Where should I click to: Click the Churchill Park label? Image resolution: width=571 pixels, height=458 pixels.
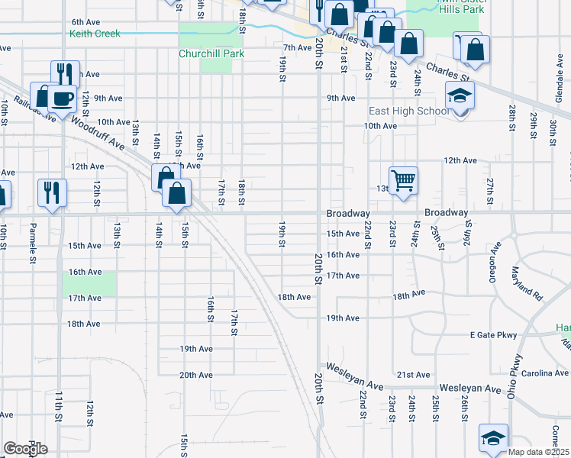205,54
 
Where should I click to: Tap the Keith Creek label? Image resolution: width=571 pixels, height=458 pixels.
95,34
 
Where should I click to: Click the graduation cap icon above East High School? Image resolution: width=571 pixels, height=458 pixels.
459,96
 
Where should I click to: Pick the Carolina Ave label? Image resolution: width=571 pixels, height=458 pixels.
548,373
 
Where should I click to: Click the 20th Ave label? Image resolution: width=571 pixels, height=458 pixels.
195,375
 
